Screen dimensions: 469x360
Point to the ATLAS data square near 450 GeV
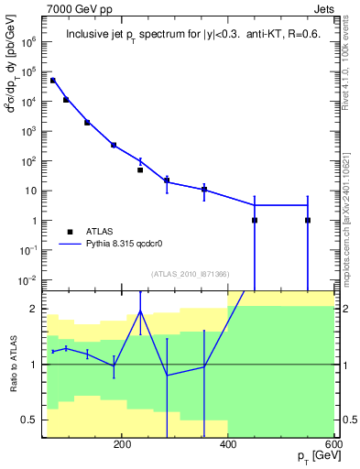coord(255,220)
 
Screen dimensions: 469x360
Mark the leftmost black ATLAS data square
coord(53,81)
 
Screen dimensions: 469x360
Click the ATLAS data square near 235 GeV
coord(140,169)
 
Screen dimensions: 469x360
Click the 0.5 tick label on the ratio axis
coord(29,420)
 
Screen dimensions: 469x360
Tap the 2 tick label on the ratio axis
coord(34,310)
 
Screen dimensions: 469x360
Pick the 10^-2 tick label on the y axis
coord(27,279)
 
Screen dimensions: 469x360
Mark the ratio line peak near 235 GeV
coord(140,311)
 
